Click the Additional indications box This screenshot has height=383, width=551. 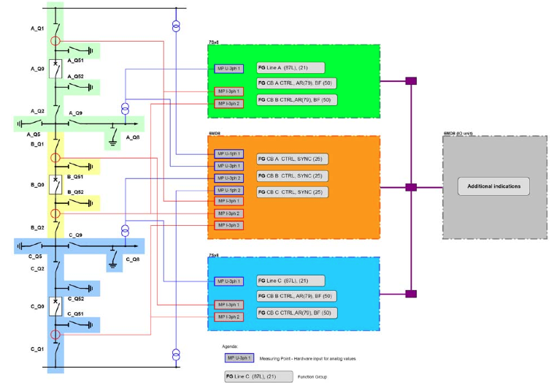click(x=493, y=186)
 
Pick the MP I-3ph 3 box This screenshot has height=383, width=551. click(x=228, y=225)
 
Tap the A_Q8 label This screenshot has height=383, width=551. click(x=132, y=137)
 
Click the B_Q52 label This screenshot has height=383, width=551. click(x=75, y=192)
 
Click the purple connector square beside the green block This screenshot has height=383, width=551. click(x=411, y=80)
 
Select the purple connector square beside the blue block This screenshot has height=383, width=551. click(x=411, y=294)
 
